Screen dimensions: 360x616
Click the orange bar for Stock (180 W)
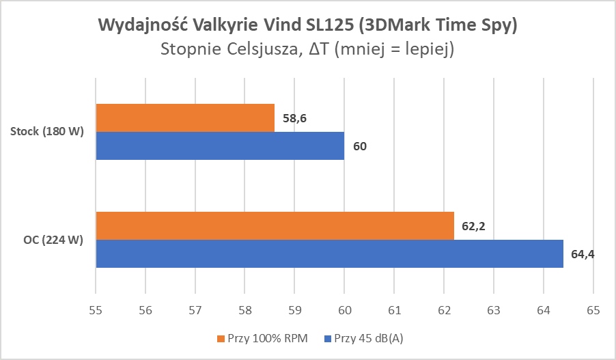(x=185, y=117)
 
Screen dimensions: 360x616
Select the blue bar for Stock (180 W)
(x=220, y=146)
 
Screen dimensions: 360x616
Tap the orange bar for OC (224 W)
(x=275, y=225)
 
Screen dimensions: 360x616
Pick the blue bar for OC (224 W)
(x=329, y=253)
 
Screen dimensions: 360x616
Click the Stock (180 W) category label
(x=47, y=132)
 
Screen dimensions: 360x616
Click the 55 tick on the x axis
(x=96, y=310)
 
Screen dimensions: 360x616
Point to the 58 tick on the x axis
(x=244, y=310)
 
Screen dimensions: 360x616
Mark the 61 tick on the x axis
(x=394, y=310)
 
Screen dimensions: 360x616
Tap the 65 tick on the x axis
(x=593, y=310)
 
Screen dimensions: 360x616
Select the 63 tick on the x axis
(x=493, y=310)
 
